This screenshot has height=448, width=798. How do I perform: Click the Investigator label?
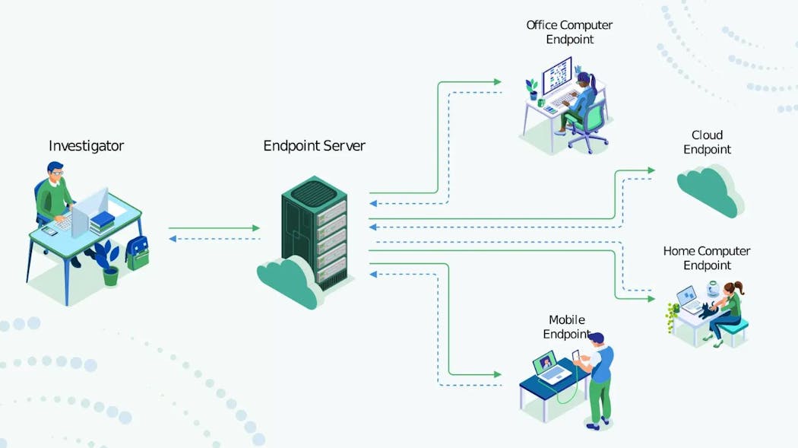click(86, 145)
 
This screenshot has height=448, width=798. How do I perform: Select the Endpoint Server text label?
click(314, 145)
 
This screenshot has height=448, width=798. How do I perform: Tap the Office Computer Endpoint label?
click(569, 32)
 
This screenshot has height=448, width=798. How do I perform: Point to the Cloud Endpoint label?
click(707, 142)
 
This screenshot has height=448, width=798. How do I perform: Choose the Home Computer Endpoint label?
click(707, 258)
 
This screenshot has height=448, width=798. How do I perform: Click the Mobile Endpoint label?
click(567, 327)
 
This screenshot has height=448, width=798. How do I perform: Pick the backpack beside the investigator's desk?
click(138, 253)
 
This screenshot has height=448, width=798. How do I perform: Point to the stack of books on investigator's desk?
click(102, 221)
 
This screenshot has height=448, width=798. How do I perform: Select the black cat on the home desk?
click(709, 310)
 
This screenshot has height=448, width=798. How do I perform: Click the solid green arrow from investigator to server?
click(214, 227)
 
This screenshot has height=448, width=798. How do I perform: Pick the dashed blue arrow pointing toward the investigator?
click(214, 239)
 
